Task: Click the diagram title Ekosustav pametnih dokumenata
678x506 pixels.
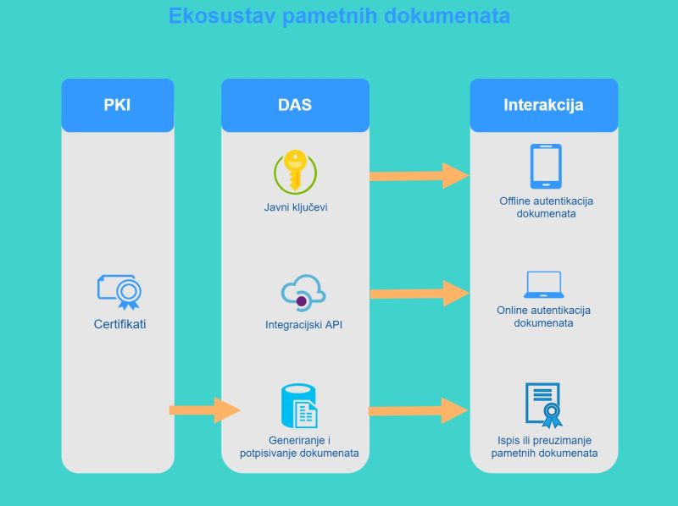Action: [x=339, y=16]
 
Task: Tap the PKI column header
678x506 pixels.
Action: [x=118, y=105]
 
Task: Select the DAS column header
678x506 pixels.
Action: [x=295, y=105]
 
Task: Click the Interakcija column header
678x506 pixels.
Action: [x=543, y=105]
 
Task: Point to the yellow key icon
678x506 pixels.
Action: [x=295, y=172]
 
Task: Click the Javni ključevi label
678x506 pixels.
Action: [x=296, y=207]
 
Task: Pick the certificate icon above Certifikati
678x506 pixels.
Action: [x=119, y=292]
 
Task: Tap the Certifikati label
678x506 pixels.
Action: [x=119, y=324]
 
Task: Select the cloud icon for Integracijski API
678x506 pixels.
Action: [x=303, y=292]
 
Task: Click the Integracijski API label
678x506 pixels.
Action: [x=303, y=325]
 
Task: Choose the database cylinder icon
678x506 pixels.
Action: [x=299, y=406]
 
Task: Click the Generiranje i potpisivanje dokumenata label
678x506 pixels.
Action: [x=299, y=447]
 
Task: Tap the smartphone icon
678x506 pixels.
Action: [x=546, y=166]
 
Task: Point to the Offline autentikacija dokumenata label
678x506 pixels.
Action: [x=546, y=207]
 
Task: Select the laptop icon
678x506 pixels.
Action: [x=543, y=284]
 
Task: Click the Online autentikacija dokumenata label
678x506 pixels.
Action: [x=543, y=316]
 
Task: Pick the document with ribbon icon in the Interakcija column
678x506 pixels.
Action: [x=543, y=405]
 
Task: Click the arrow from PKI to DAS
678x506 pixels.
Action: [x=205, y=410]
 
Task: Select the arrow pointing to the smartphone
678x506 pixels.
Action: [x=419, y=176]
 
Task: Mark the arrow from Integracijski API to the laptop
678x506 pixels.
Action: [x=420, y=294]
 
